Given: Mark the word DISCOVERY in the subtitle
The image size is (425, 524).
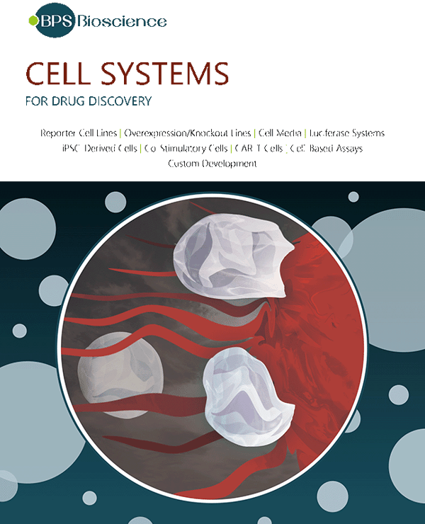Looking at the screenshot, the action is (x=120, y=101).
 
